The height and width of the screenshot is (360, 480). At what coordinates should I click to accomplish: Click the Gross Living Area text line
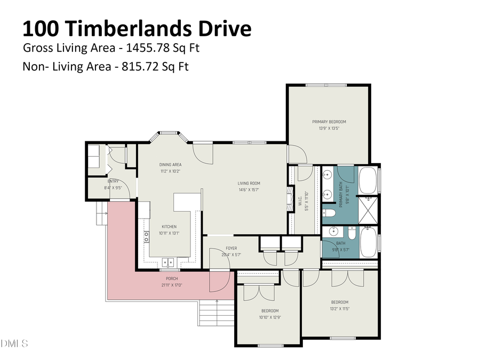(x=111, y=48)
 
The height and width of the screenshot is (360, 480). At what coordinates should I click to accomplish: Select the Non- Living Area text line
(x=106, y=67)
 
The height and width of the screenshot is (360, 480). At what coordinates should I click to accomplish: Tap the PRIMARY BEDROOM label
(x=329, y=122)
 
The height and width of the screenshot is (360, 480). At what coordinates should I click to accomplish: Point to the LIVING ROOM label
(x=249, y=183)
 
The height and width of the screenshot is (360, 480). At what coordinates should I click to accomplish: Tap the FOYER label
(x=231, y=248)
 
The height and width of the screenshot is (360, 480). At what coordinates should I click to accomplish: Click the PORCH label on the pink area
(x=171, y=278)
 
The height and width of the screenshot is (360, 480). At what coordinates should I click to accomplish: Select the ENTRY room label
(x=113, y=181)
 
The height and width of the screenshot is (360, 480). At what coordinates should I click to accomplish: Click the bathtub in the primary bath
(x=368, y=181)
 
